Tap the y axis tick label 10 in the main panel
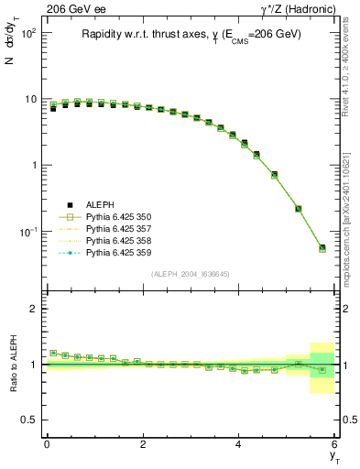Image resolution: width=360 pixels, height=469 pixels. [x=29, y=99]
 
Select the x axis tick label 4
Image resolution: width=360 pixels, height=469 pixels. [x=238, y=445]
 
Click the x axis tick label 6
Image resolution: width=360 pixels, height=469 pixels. [x=334, y=445]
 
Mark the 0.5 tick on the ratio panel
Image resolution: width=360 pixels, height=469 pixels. [x=30, y=420]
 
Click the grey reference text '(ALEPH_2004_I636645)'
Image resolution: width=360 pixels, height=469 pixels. [x=190, y=274]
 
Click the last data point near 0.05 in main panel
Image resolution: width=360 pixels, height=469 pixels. [x=322, y=247]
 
